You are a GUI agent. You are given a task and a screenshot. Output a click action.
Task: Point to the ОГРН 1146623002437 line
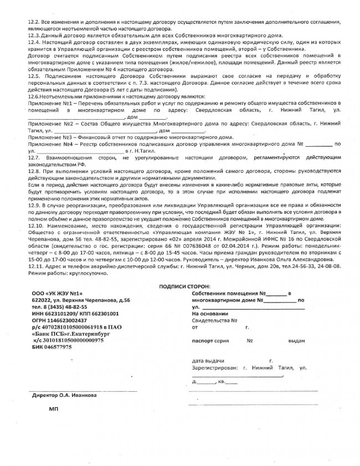(x=55, y=320)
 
